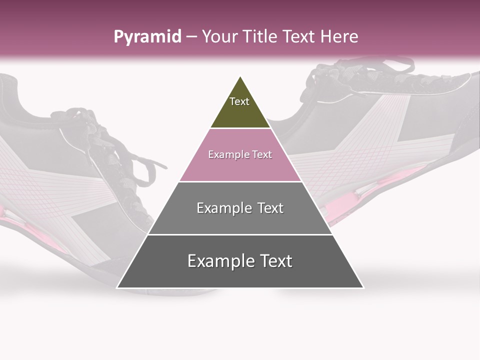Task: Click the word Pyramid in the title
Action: pos(147,37)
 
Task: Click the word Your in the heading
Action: pos(218,37)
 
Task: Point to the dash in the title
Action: pos(191,37)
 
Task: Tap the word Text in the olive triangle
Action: pos(239,101)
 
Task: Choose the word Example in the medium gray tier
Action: pos(223,208)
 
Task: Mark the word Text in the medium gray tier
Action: pos(270,208)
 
